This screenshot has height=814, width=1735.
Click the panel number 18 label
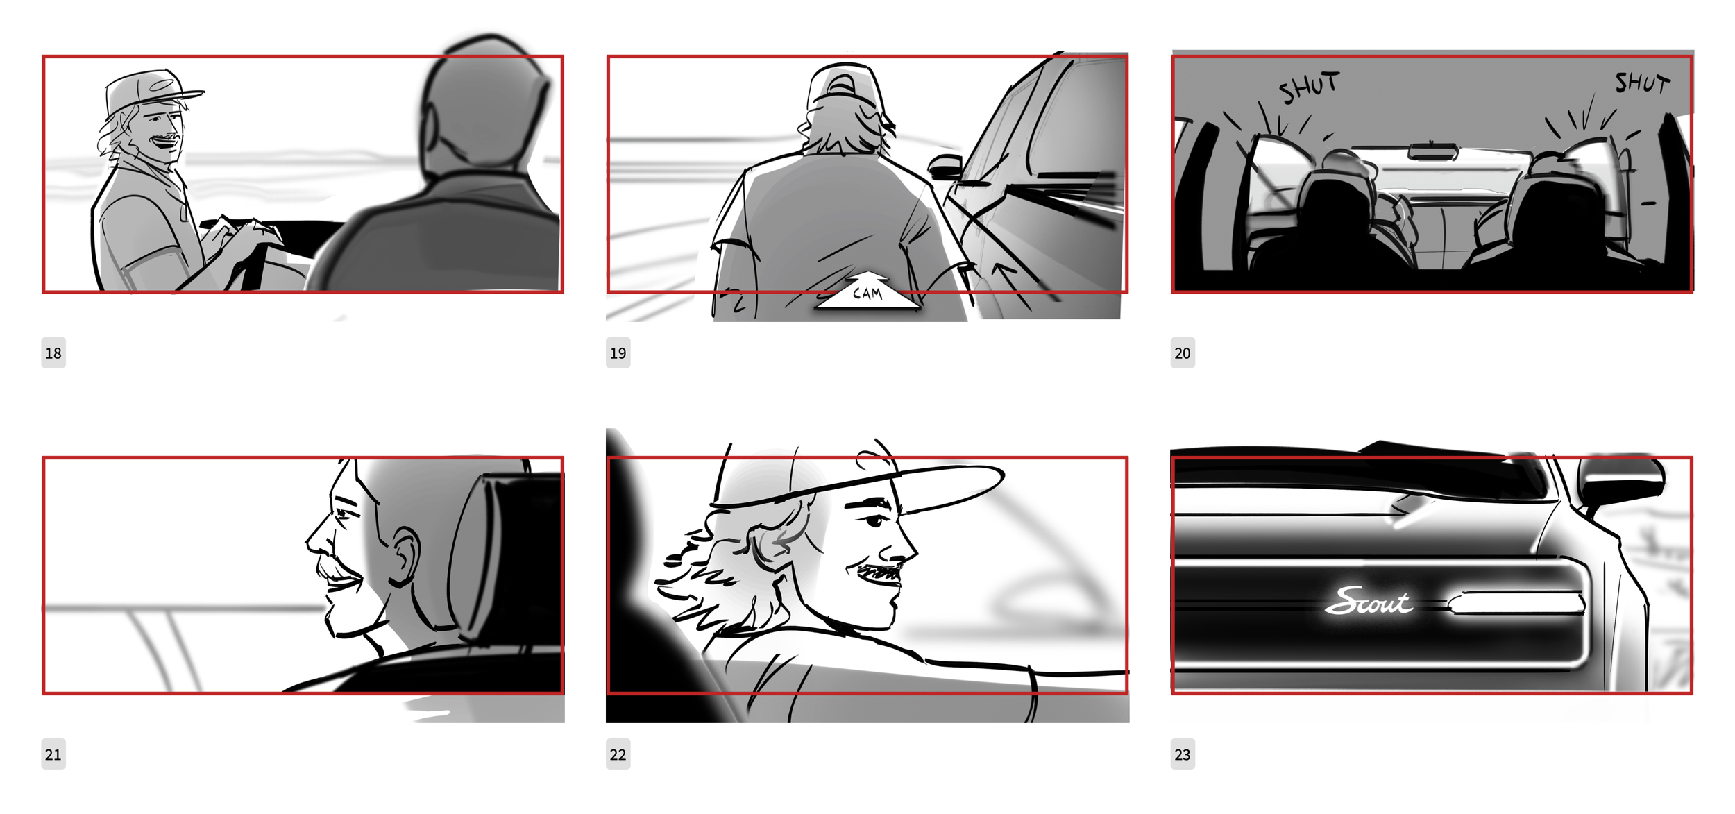53,353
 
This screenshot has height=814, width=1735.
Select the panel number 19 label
618,353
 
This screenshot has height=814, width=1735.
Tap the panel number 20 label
1183,353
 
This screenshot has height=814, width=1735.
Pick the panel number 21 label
53,754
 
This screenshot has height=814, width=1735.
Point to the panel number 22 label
618,754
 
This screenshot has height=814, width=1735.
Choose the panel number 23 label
1183,754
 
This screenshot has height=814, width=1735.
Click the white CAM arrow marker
867,291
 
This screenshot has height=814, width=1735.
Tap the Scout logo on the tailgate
1368,602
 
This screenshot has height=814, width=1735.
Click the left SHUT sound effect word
1309,87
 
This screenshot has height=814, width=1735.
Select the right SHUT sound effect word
1642,83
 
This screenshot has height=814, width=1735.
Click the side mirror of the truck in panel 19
944,167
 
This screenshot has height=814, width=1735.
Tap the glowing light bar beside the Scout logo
1516,602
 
